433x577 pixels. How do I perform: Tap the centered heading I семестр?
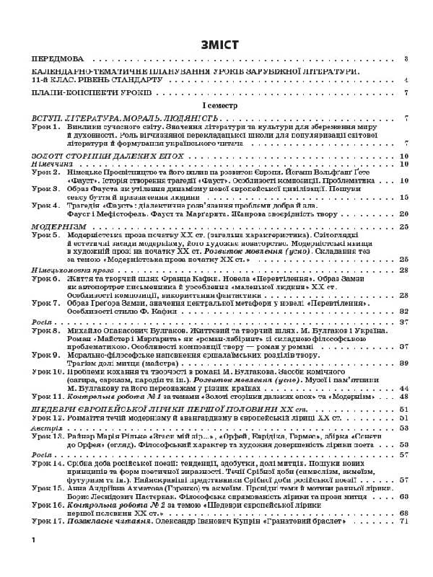[216, 105]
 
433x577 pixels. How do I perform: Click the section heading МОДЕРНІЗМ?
[58, 226]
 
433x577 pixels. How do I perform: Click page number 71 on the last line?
[404, 521]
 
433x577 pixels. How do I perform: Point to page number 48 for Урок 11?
[404, 396]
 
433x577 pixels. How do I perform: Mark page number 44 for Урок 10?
[404, 387]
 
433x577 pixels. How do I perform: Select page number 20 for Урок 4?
[404, 213]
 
